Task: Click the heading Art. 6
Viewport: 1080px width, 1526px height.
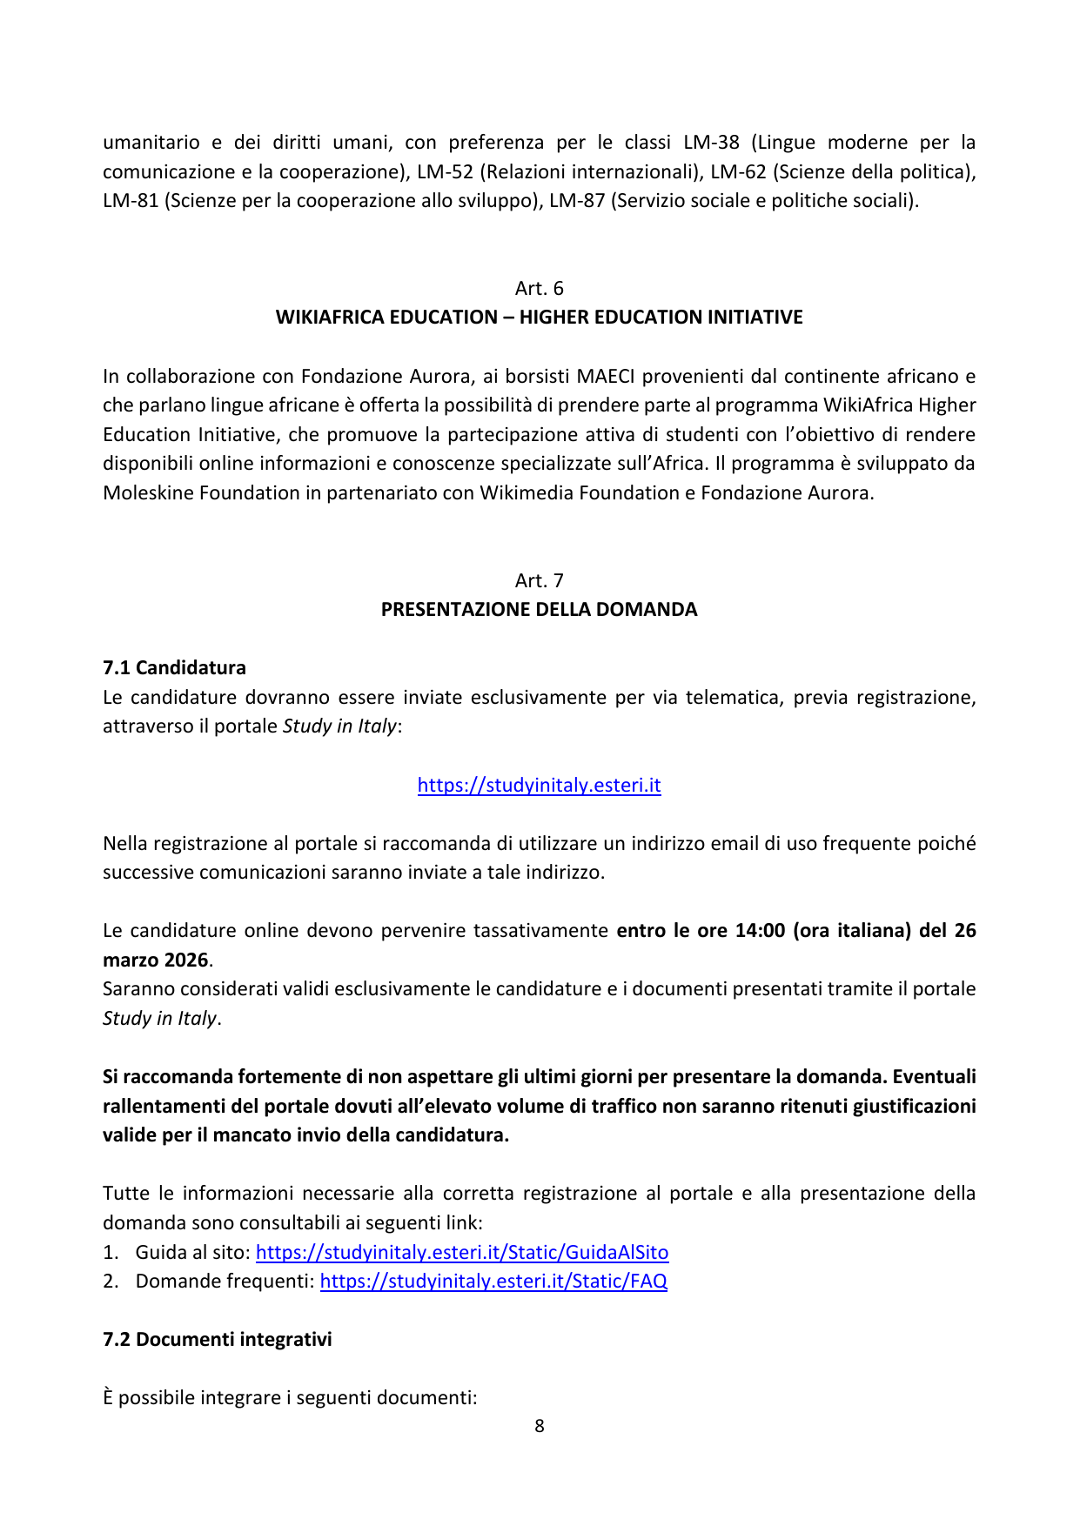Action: pyautogui.click(x=539, y=288)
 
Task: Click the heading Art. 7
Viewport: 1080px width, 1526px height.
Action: pyautogui.click(x=539, y=580)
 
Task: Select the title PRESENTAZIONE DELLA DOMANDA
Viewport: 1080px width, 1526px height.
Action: pyautogui.click(x=539, y=609)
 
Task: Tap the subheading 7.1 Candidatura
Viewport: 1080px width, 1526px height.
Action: pyautogui.click(x=174, y=667)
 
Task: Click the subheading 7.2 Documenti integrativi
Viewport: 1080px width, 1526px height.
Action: pyautogui.click(x=217, y=1339)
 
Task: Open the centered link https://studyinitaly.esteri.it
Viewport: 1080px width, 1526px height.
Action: pyautogui.click(x=539, y=785)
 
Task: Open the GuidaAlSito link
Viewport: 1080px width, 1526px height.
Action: pyautogui.click(x=462, y=1252)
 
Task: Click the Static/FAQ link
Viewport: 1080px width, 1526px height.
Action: pyautogui.click(x=493, y=1281)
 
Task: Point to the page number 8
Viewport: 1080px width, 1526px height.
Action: pyautogui.click(x=540, y=1426)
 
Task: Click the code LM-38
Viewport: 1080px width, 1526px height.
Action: pyautogui.click(x=711, y=142)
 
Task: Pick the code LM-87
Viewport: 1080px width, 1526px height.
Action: pyautogui.click(x=577, y=200)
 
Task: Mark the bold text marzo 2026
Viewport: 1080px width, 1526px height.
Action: pyautogui.click(x=156, y=960)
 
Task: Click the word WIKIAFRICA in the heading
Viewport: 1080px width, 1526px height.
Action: pyautogui.click(x=330, y=317)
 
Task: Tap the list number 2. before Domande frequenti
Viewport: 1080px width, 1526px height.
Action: pyautogui.click(x=110, y=1281)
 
